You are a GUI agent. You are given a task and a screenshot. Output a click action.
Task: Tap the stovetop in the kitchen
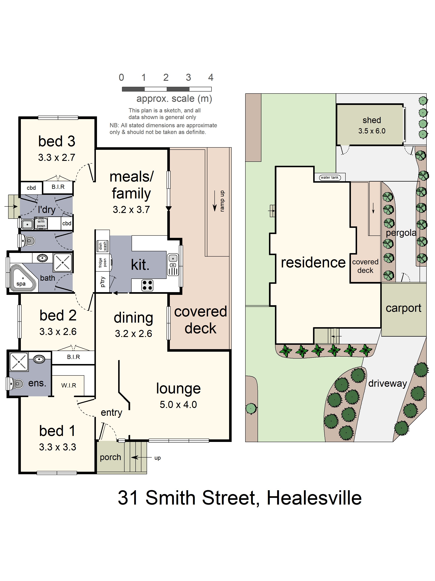pos(147,285)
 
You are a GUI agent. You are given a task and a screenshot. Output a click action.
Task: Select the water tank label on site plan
pos(330,178)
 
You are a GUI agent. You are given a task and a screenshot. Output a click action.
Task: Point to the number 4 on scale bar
pos(211,78)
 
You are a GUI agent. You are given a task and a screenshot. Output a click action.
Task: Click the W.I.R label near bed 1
pos(69,385)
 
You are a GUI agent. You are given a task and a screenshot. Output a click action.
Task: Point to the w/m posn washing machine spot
pos(41,224)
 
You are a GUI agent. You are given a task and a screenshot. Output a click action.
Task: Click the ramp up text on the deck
pos(222,201)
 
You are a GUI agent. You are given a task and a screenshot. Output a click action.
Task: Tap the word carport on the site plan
pos(403,308)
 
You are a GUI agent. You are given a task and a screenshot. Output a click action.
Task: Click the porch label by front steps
pos(110,457)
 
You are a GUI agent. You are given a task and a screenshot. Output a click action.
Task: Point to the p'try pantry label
pos(103,282)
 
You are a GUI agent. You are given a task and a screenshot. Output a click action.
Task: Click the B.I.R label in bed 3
pos(58,187)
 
